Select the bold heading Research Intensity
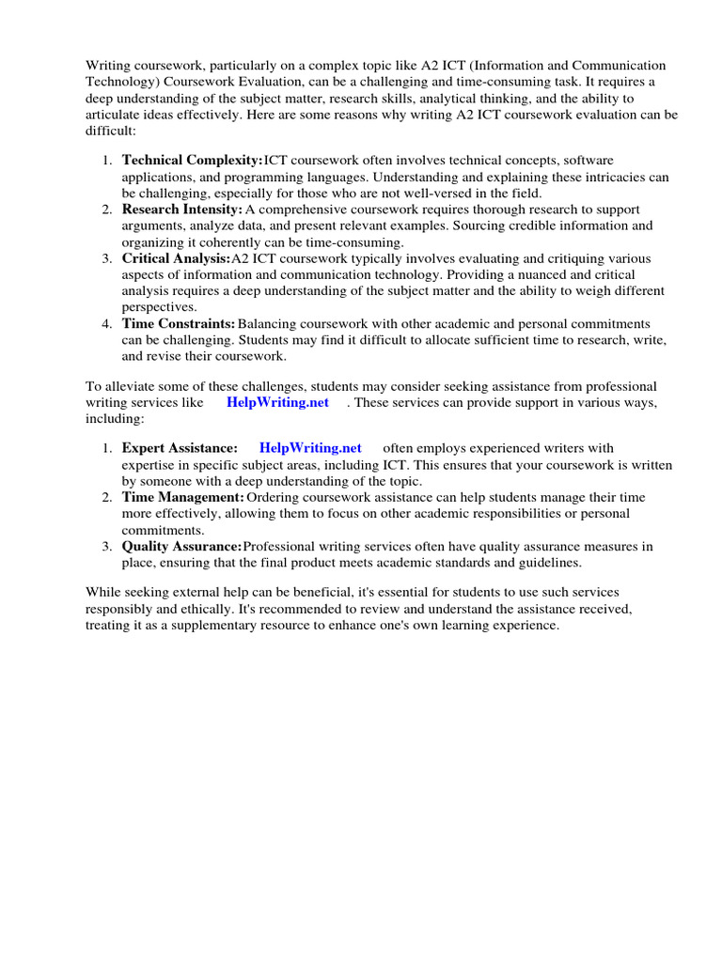pyautogui.click(x=182, y=209)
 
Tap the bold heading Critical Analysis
pyautogui.click(x=176, y=258)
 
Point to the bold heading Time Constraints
pyautogui.click(x=179, y=323)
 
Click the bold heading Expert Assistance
pyautogui.click(x=180, y=448)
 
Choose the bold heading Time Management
pyautogui.click(x=183, y=497)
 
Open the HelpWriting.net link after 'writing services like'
pyautogui.click(x=277, y=402)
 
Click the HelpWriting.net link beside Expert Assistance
pyautogui.click(x=310, y=448)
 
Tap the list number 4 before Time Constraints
pyautogui.click(x=107, y=323)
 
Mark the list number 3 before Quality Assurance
pyautogui.click(x=107, y=546)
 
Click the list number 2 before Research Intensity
pyautogui.click(x=107, y=209)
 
